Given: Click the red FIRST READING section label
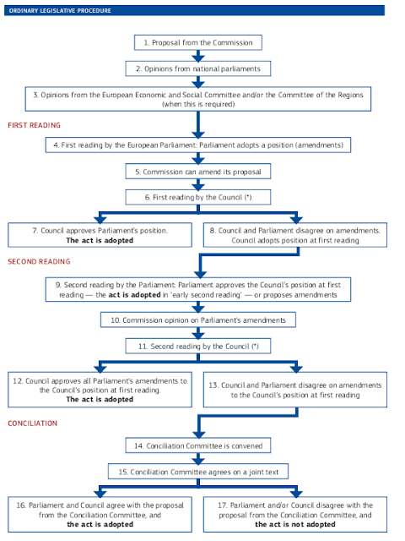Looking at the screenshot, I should pyautogui.click(x=33, y=124).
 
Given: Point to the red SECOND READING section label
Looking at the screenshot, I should pyautogui.click(x=39, y=261).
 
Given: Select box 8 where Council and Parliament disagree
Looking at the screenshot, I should pyautogui.click(x=294, y=234).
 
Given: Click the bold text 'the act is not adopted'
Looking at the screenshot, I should pyautogui.click(x=295, y=522).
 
